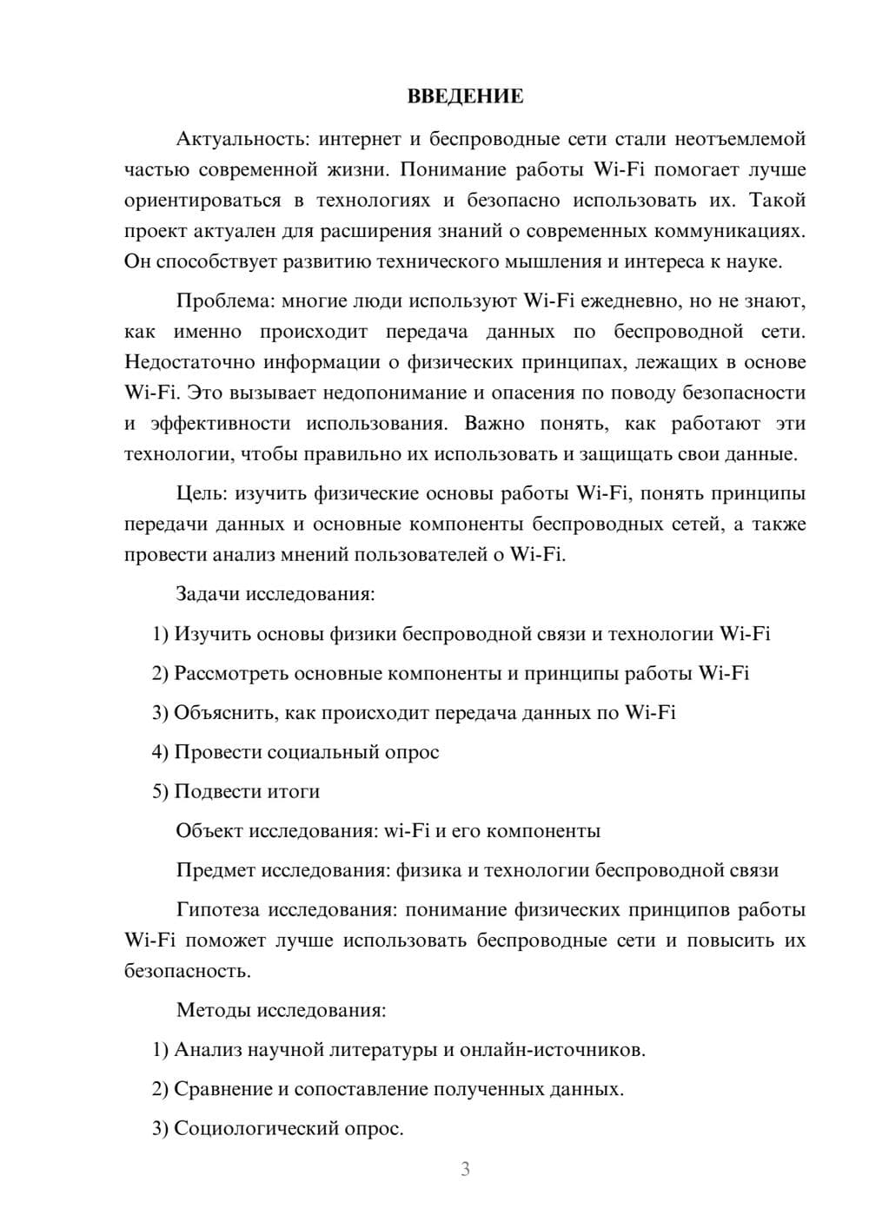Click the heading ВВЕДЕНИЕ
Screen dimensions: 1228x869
(x=465, y=96)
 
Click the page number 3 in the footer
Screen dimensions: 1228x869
(x=465, y=1169)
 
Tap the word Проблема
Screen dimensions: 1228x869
(x=223, y=301)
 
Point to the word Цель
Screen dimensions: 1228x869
(x=201, y=493)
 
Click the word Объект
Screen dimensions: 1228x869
(x=209, y=830)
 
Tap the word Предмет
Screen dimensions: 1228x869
(x=216, y=870)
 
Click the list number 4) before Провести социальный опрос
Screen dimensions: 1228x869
(x=160, y=752)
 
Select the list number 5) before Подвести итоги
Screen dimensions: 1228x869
(x=160, y=791)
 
